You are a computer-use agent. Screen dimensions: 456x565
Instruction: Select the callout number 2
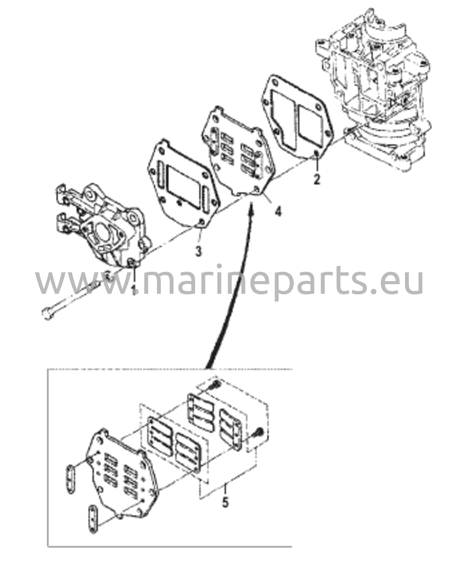(x=317, y=180)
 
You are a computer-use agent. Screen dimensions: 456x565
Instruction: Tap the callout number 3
(x=199, y=251)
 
